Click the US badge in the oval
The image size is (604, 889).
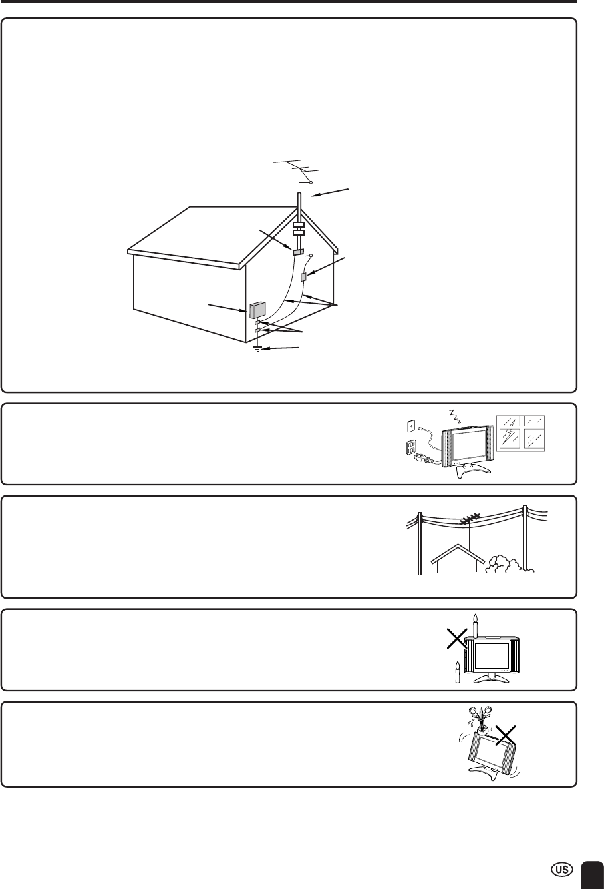(561, 870)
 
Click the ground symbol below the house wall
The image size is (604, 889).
(258, 349)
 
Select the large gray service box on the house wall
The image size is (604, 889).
(257, 310)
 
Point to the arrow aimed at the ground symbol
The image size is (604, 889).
(281, 348)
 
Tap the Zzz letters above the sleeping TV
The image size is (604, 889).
(454, 416)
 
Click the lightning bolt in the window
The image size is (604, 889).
(510, 438)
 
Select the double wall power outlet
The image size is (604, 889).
(411, 447)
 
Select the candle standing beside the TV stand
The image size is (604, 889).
(458, 672)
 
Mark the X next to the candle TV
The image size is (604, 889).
(456, 639)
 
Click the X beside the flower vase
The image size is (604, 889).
(506, 735)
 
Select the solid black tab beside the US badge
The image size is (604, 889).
(593, 875)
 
